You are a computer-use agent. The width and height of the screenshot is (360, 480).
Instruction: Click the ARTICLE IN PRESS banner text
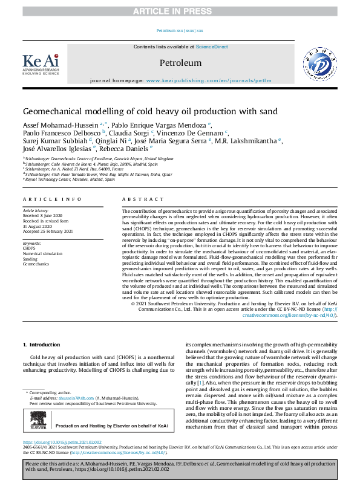coord(180,11)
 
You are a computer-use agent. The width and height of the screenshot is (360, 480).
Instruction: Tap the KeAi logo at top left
coord(41,63)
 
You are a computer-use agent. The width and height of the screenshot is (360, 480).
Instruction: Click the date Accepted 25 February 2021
coord(48,232)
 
